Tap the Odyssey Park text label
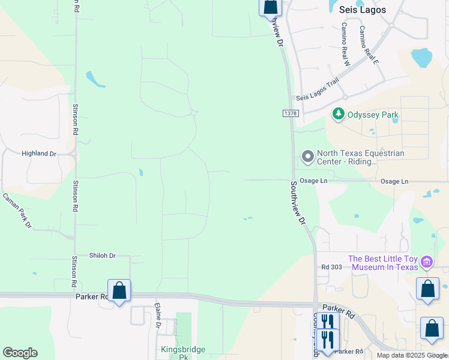click(x=373, y=115)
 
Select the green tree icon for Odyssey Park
click(x=339, y=114)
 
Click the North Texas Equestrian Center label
click(x=360, y=157)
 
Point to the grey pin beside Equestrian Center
click(x=308, y=157)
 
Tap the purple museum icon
click(x=427, y=262)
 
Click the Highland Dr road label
click(x=38, y=154)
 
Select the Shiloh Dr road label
click(x=102, y=256)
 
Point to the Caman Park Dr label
click(x=17, y=210)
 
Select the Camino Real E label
click(x=369, y=44)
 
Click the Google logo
click(x=20, y=353)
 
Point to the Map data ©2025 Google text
click(x=411, y=355)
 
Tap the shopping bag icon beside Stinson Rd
click(x=119, y=291)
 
